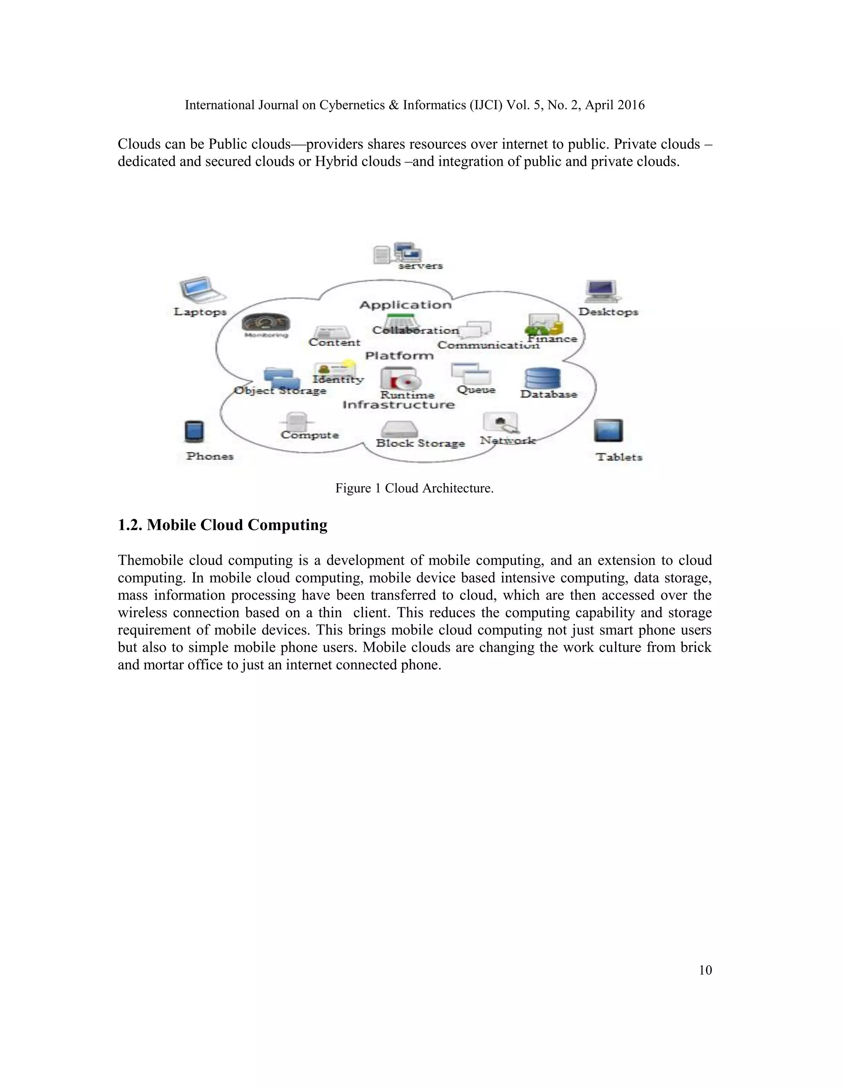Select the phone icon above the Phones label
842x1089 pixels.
click(194, 432)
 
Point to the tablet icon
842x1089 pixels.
click(608, 431)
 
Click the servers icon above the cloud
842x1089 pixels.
click(398, 253)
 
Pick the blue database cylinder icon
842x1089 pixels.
click(542, 378)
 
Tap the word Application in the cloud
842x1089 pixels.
click(405, 305)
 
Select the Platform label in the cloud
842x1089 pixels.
click(399, 355)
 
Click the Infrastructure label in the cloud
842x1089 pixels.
click(398, 404)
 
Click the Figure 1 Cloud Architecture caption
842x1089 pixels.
click(414, 488)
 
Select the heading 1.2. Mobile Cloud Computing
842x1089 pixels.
click(222, 525)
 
